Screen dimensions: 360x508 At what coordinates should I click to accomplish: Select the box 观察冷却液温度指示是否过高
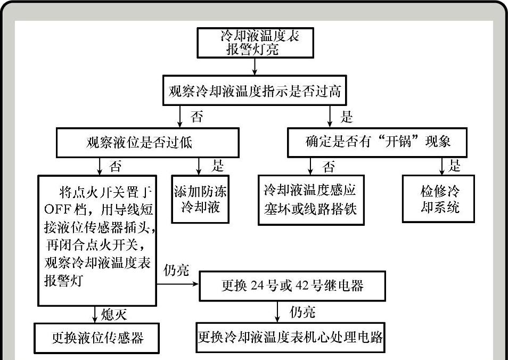pyautogui.click(x=255, y=92)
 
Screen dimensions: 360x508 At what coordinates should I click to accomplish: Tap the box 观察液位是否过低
pyautogui.click(x=140, y=142)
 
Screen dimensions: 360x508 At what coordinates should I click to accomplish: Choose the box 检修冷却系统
pyautogui.click(x=440, y=199)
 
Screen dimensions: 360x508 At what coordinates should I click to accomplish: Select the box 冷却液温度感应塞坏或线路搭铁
pyautogui.click(x=310, y=199)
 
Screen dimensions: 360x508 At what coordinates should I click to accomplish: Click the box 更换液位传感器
pyautogui.click(x=97, y=338)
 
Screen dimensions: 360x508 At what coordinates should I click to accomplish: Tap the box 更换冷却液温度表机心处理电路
pyautogui.click(x=291, y=338)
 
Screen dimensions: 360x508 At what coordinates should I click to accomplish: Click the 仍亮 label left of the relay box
pyautogui.click(x=176, y=271)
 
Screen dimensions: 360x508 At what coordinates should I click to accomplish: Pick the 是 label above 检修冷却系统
pyautogui.click(x=454, y=166)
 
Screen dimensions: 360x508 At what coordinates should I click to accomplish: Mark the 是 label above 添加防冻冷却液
pyautogui.click(x=217, y=166)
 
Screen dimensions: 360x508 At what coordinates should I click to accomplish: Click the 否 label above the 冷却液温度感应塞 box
pyautogui.click(x=329, y=167)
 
